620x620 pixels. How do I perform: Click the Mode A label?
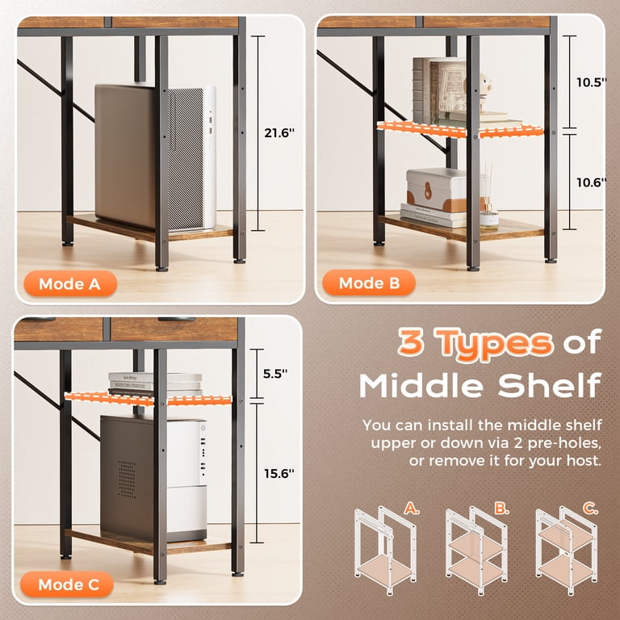tap(70, 283)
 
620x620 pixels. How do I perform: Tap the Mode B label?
tap(369, 283)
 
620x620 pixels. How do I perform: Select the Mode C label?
tap(68, 584)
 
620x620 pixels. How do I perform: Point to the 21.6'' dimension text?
tap(279, 133)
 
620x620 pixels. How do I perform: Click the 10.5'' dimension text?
tap(591, 82)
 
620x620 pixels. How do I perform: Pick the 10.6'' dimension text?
tap(591, 182)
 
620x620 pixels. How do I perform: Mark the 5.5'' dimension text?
tap(275, 373)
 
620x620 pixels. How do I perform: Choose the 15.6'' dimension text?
tap(279, 473)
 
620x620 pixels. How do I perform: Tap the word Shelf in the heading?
tap(550, 385)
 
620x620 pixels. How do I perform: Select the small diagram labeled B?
tap(476, 550)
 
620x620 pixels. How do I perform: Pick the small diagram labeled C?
tap(567, 550)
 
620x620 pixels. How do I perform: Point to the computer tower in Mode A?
tap(155, 157)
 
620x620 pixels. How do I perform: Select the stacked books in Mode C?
tap(155, 384)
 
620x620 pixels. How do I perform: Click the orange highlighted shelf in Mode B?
tap(460, 130)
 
